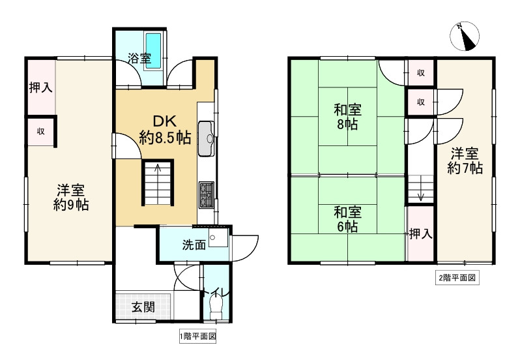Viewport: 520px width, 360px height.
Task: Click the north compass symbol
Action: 464,36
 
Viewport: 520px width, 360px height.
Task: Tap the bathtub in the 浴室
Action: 154,51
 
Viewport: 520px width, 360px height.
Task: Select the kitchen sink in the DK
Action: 207,139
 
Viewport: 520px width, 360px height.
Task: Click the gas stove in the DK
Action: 207,195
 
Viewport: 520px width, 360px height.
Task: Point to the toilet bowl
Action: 216,308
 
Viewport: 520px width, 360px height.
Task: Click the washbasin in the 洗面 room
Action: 218,237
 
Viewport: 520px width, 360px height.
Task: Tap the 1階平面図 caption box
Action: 198,337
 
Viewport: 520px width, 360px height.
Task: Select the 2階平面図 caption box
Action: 457,278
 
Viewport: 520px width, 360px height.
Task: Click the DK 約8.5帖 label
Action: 165,129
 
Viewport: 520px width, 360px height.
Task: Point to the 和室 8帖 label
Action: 347,117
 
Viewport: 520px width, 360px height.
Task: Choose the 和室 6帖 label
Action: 347,219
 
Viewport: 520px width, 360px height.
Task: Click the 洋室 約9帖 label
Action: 71,198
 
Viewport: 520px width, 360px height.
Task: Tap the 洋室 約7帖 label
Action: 465,161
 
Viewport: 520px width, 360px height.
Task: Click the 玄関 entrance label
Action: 143,307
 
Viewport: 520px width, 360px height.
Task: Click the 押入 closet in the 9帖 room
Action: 41,87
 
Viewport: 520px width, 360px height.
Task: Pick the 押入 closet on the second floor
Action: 420,233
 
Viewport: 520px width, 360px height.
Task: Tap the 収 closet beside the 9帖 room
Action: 40,131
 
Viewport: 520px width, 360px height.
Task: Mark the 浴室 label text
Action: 139,59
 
